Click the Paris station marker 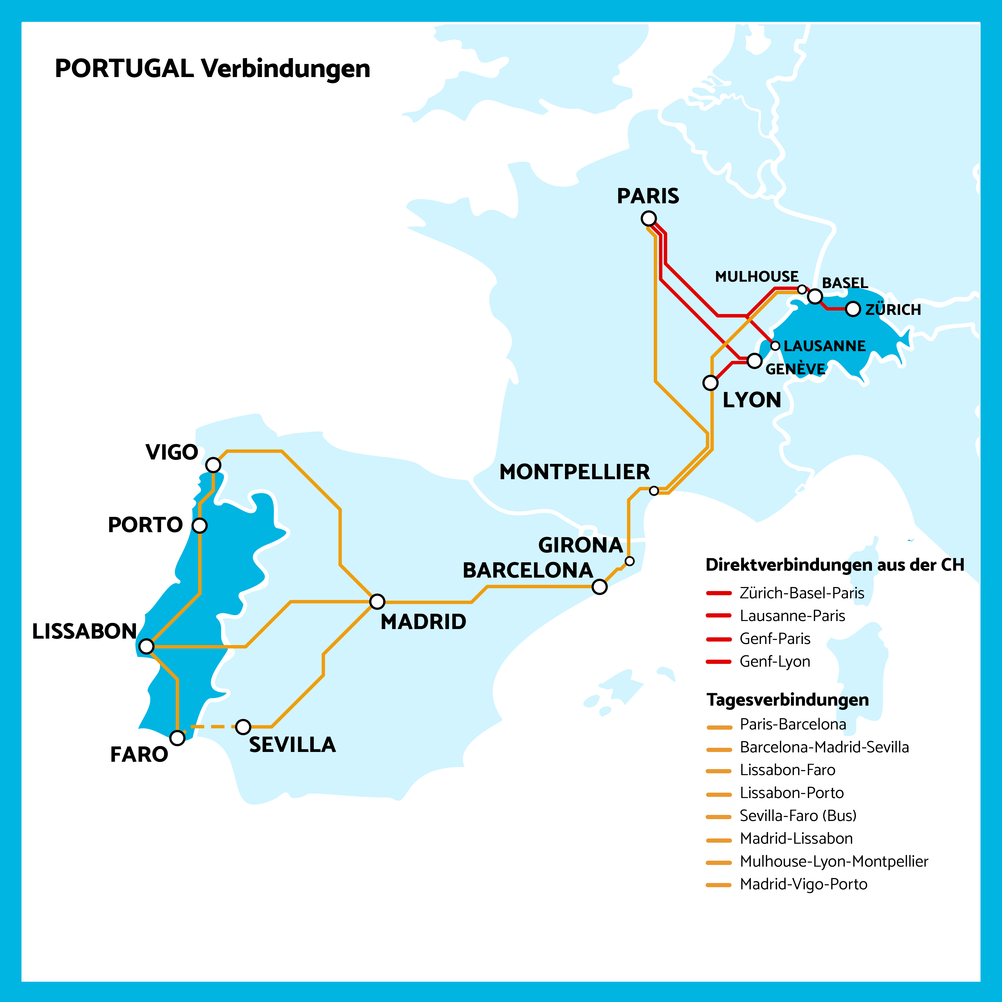pyautogui.click(x=648, y=218)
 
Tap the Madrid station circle pyautogui.click(x=377, y=602)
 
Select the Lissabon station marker pyautogui.click(x=147, y=646)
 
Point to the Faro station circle pyautogui.click(x=177, y=737)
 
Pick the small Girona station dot pyautogui.click(x=630, y=561)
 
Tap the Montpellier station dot pyautogui.click(x=654, y=491)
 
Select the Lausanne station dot pyautogui.click(x=775, y=346)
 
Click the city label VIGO pyautogui.click(x=172, y=452)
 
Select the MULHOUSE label pyautogui.click(x=757, y=276)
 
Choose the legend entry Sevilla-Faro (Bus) pyautogui.click(x=798, y=816)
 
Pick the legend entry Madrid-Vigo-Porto pyautogui.click(x=803, y=884)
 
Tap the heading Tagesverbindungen pyautogui.click(x=787, y=700)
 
